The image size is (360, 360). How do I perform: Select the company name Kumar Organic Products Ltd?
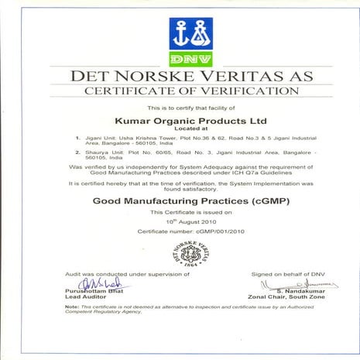[x=180, y=120]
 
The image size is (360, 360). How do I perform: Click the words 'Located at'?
[x=180, y=130]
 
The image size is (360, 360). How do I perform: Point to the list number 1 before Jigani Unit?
[x=77, y=139]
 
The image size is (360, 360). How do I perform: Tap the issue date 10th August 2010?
[x=180, y=221]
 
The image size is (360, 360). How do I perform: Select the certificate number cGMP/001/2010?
[x=180, y=231]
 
